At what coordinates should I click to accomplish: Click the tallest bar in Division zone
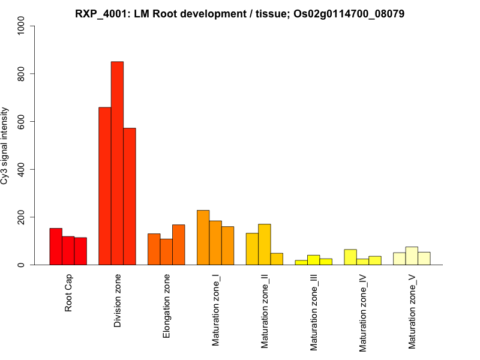(x=117, y=163)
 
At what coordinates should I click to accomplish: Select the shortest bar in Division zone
(x=130, y=196)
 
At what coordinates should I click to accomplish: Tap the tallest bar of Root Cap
(x=56, y=247)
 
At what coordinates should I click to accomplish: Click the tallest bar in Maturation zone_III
(x=314, y=260)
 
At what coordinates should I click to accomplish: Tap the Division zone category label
(x=118, y=301)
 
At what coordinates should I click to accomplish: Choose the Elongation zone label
(x=167, y=306)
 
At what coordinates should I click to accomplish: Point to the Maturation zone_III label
(x=314, y=311)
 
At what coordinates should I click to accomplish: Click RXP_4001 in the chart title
(x=101, y=13)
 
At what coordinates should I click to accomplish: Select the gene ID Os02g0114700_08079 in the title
(x=349, y=13)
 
